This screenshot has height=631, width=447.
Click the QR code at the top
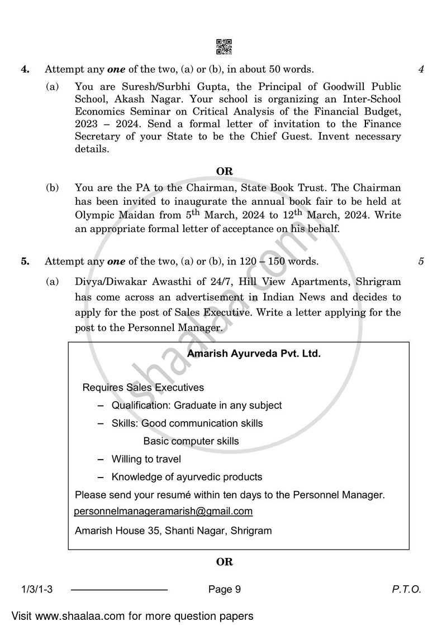(223, 46)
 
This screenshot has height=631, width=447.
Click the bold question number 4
(25, 70)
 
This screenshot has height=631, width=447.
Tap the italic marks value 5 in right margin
(421, 261)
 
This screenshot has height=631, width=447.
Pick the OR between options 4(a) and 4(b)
(224, 171)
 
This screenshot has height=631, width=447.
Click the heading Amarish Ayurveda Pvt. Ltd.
(254, 354)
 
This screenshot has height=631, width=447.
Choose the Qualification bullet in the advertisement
(196, 406)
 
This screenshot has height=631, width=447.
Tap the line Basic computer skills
(191, 441)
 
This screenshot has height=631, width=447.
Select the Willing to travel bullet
(146, 459)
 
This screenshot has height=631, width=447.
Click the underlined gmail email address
(163, 511)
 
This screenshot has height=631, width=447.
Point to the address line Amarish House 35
(173, 531)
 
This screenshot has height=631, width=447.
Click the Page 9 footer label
(224, 589)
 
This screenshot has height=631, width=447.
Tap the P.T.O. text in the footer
(406, 589)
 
